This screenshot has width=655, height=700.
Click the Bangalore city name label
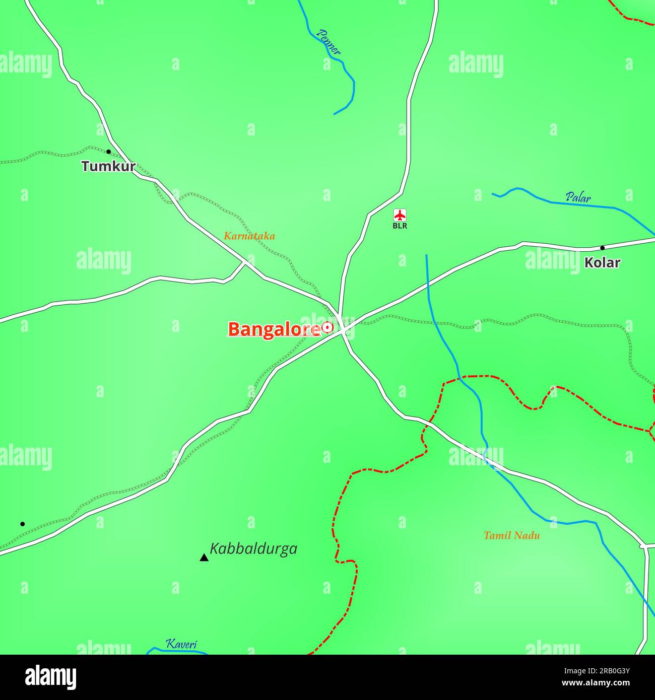point(274,329)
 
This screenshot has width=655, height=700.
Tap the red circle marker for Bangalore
point(328,327)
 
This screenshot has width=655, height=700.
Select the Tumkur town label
point(108,166)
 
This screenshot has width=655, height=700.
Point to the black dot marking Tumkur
point(108,152)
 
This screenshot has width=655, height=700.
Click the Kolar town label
point(602,262)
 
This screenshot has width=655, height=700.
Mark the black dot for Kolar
point(602,248)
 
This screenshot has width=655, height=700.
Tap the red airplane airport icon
point(400,215)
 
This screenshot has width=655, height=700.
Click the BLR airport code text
point(400,226)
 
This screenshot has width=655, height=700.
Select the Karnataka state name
point(249,236)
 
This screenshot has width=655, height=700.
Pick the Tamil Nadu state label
point(511,535)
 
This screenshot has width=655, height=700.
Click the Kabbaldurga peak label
point(253,548)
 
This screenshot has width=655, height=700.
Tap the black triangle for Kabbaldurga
point(204,557)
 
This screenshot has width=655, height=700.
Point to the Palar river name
point(578,197)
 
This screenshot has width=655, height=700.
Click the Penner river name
point(329,42)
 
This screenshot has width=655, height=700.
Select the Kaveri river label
point(181,644)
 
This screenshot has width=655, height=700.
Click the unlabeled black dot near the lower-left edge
point(22,524)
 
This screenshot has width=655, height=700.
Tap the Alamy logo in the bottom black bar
point(50,677)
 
